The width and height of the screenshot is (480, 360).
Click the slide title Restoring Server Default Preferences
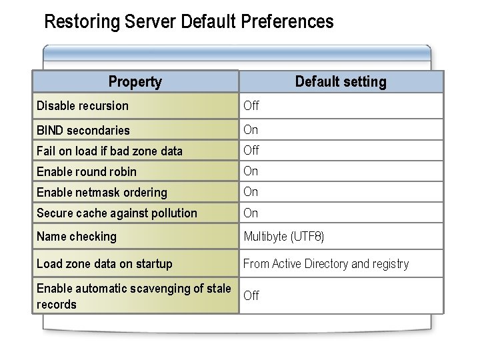click(x=188, y=22)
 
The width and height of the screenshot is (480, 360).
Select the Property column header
click(x=135, y=82)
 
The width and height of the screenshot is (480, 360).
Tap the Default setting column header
click(x=340, y=82)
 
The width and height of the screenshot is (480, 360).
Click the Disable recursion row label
click(x=83, y=106)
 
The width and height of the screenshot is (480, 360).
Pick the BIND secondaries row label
click(x=83, y=130)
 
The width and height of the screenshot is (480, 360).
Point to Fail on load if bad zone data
click(x=109, y=151)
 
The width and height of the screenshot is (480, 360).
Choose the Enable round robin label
click(x=87, y=171)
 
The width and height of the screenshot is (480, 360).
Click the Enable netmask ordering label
click(x=102, y=193)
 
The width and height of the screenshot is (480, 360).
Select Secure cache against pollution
click(x=117, y=213)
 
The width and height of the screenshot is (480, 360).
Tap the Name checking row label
click(x=77, y=237)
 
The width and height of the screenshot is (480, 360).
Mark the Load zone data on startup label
click(x=105, y=264)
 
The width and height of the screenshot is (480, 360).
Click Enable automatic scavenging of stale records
click(x=133, y=296)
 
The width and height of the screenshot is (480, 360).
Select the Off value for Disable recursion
click(x=251, y=106)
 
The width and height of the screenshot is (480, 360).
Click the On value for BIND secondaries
click(x=251, y=129)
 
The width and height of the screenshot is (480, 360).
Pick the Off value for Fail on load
click(x=251, y=151)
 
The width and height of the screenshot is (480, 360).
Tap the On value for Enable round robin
click(x=251, y=171)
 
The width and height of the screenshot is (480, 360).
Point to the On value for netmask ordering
click(x=251, y=192)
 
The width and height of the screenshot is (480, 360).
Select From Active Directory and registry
click(x=326, y=264)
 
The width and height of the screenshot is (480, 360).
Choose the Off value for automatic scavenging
click(x=251, y=296)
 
